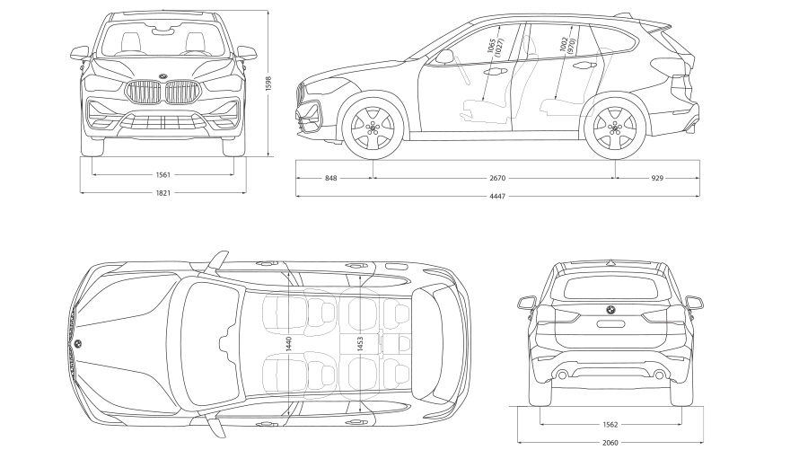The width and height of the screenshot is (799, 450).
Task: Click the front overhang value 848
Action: (x=331, y=179)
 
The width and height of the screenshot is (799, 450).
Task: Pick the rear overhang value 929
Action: (x=656, y=179)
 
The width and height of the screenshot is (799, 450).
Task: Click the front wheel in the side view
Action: (x=372, y=128)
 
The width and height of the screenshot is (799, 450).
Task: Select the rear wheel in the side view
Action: (x=614, y=128)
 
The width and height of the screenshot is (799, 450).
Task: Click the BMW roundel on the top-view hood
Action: (x=78, y=344)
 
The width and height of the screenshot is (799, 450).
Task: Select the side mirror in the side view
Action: (x=444, y=56)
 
